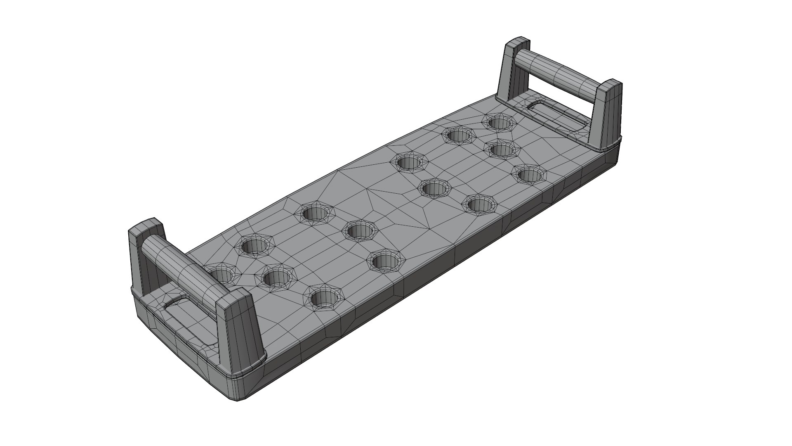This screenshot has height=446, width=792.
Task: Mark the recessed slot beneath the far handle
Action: click(557, 116)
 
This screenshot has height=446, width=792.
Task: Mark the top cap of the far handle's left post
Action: click(518, 43)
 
